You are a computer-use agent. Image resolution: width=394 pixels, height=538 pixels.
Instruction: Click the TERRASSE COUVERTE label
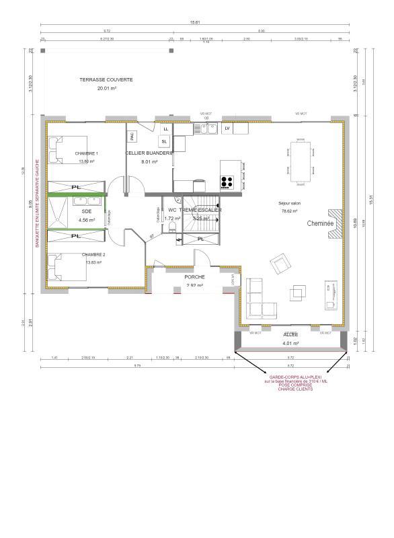click(106, 79)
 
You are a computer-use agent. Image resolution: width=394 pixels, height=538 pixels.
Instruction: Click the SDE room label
click(87, 211)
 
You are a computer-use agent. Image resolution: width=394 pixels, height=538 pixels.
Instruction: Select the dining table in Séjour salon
click(300, 161)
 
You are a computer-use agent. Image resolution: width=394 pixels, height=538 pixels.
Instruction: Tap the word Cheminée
click(321, 223)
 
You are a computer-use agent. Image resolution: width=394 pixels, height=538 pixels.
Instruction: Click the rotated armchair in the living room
click(278, 262)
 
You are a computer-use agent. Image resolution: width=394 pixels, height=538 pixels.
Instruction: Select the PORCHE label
click(194, 276)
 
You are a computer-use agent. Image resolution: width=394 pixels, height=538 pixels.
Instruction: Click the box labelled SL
click(164, 141)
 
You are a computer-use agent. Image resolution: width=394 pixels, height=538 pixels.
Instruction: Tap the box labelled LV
click(227, 128)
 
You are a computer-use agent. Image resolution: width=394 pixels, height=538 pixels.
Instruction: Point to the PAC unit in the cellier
click(132, 135)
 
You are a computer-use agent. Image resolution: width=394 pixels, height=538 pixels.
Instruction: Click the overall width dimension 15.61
click(195, 23)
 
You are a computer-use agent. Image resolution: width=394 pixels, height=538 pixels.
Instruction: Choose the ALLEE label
click(290, 334)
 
